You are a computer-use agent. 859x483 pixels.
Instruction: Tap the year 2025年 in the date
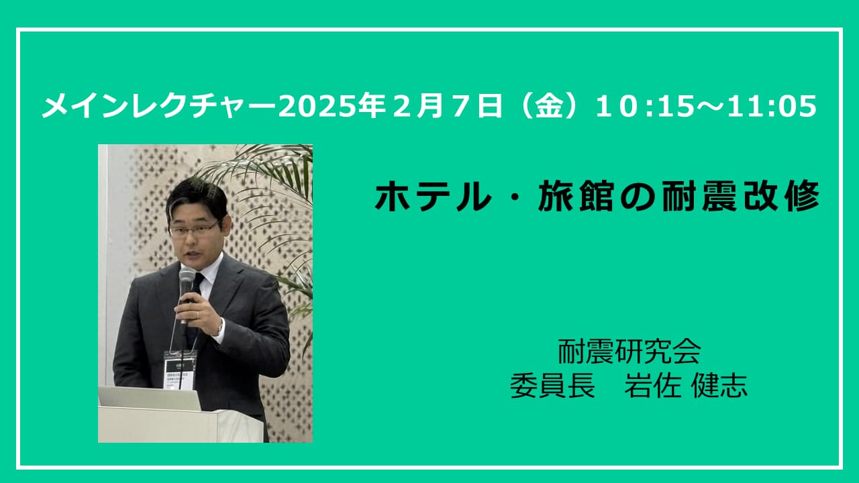(x=332, y=106)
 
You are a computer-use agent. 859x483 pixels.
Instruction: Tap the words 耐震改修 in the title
(x=740, y=197)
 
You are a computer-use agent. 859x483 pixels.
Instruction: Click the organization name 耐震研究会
(x=629, y=352)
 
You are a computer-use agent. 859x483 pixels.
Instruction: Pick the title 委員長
(x=552, y=385)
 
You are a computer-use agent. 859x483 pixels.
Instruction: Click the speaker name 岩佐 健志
(x=686, y=385)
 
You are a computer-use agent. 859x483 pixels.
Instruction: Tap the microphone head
(x=187, y=278)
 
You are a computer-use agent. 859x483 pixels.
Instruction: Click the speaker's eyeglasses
(x=194, y=229)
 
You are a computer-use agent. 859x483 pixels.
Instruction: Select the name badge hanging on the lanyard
(x=180, y=369)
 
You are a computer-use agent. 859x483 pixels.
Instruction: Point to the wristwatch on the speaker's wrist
(x=219, y=329)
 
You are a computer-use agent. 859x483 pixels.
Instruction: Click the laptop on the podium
(x=150, y=398)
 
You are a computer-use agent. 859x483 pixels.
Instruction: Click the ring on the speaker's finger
(x=198, y=315)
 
